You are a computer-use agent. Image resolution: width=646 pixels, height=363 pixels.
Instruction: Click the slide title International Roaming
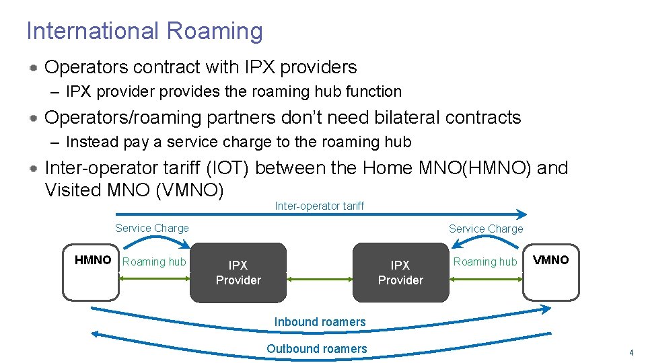pyautogui.click(x=144, y=31)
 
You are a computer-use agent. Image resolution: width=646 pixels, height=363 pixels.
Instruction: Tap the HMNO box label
pyautogui.click(x=93, y=260)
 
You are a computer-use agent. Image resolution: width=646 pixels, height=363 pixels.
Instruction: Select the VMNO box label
pyautogui.click(x=550, y=260)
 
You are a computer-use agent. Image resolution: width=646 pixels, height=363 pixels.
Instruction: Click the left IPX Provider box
pyautogui.click(x=238, y=272)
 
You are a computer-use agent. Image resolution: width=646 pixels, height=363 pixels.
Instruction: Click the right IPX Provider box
pyautogui.click(x=400, y=272)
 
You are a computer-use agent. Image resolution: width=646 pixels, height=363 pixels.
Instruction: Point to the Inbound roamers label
pyautogui.click(x=320, y=322)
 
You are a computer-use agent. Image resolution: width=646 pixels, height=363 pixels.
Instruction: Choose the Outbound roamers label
pyautogui.click(x=317, y=349)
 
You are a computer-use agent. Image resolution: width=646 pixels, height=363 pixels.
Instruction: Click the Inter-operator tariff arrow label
pyautogui.click(x=319, y=206)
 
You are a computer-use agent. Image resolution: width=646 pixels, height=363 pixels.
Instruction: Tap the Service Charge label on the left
pyautogui.click(x=152, y=228)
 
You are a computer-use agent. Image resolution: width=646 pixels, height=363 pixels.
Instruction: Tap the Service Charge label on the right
pyautogui.click(x=486, y=229)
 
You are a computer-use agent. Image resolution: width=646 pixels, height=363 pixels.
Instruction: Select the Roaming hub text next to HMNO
pyautogui.click(x=154, y=261)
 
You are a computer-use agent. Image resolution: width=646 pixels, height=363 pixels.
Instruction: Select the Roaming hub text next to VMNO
pyautogui.click(x=485, y=261)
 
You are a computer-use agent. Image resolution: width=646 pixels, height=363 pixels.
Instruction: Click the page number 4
pyautogui.click(x=631, y=353)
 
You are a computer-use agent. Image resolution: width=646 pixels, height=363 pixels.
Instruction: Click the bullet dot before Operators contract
pyautogui.click(x=33, y=68)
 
